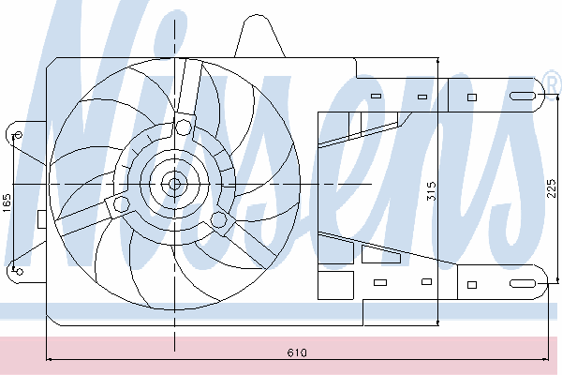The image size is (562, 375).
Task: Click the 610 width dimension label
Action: click(297, 352)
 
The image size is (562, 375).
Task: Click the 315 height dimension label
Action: click(432, 191)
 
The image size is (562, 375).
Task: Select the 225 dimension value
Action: click(552, 188)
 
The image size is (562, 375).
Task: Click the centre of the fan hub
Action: click(174, 184)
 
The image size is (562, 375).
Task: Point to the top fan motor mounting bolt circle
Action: click(184, 127)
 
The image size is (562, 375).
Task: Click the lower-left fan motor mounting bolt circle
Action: click(121, 205)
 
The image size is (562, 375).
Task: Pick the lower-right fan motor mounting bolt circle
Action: click(218, 219)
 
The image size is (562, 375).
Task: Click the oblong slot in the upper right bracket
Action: click(523, 96)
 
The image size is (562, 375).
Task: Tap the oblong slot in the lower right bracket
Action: click(523, 284)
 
